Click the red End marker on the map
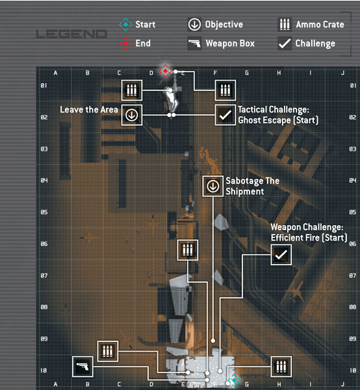tap(165, 71)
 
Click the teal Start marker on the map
tap(234, 380)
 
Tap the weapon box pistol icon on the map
tap(83, 367)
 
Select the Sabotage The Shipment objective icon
tap(213, 186)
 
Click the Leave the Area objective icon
tap(132, 115)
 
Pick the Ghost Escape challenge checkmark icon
tap(225, 115)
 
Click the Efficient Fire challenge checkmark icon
tap(281, 255)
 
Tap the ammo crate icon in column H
tap(281, 367)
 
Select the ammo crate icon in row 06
tap(188, 250)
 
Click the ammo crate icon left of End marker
tap(132, 90)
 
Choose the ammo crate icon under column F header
tap(225, 90)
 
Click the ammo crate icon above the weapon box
tap(108, 351)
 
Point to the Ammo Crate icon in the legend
tap(285, 25)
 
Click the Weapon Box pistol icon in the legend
tap(194, 44)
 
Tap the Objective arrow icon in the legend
tap(194, 25)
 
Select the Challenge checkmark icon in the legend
tap(285, 44)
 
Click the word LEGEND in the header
tap(71, 34)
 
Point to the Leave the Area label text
tap(89, 109)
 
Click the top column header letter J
tap(343, 73)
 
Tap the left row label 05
tap(44, 212)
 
